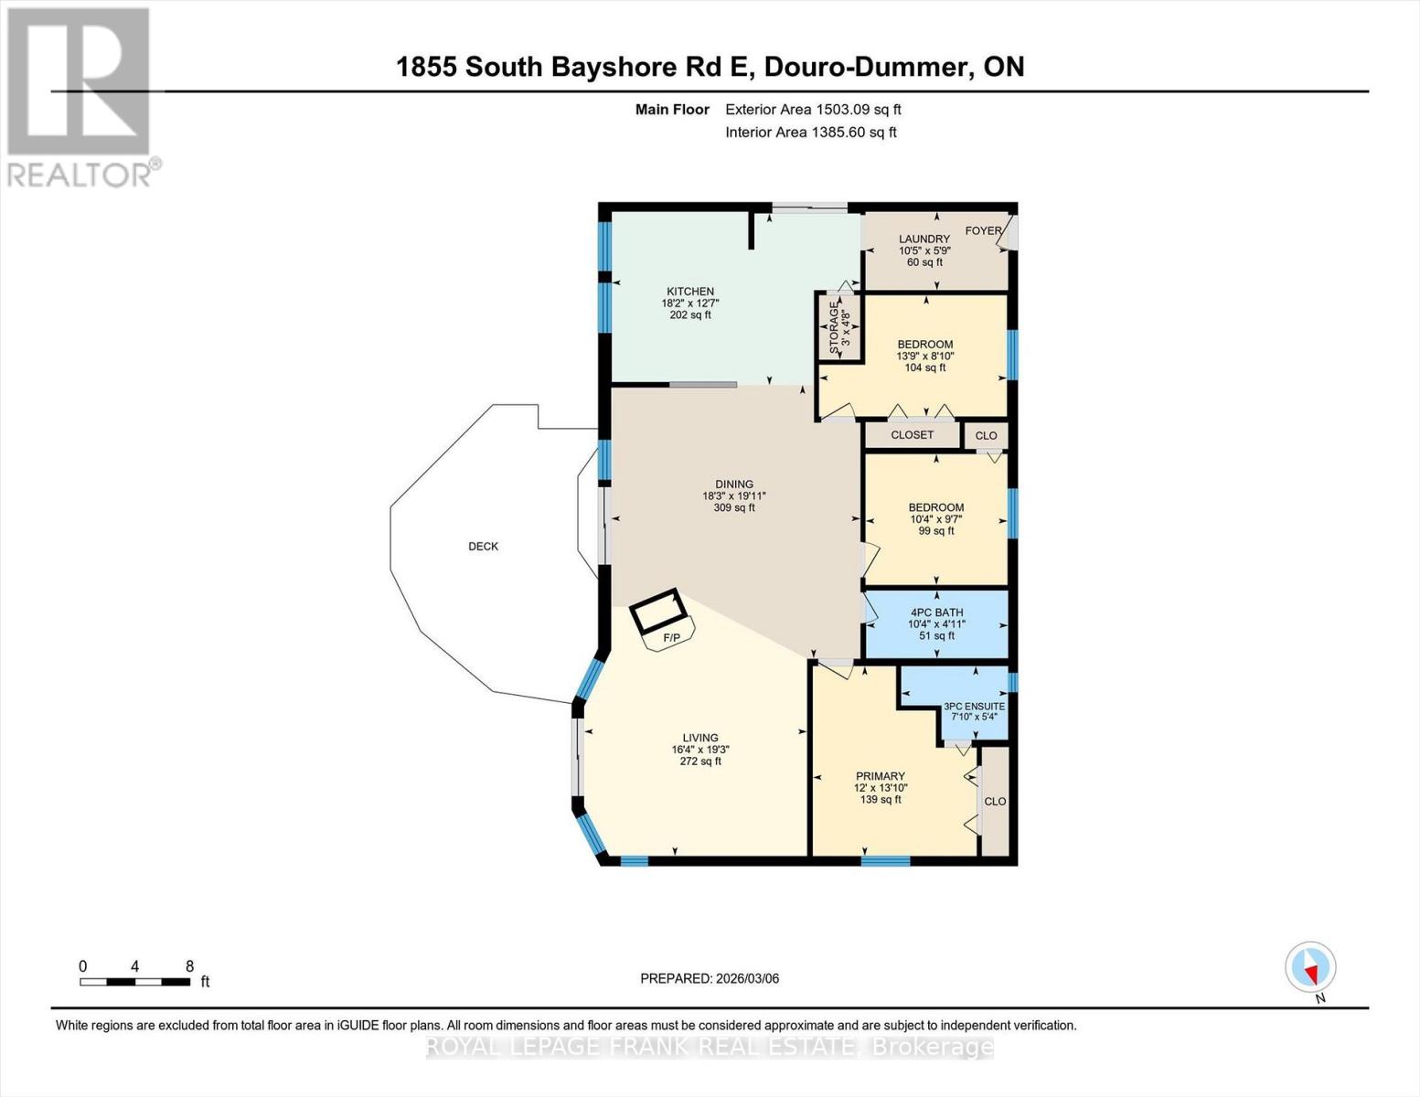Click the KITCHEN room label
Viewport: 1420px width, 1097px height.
point(690,292)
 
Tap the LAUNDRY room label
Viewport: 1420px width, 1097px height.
point(924,240)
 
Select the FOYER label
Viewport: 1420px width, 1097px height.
point(983,230)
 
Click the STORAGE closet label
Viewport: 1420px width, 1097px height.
point(834,327)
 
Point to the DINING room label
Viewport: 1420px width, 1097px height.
point(734,485)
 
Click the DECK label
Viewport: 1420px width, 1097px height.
point(484,547)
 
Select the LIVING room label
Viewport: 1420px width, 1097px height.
point(700,738)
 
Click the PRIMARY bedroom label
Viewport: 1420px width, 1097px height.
point(881,776)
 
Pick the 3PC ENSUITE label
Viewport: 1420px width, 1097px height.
point(975,707)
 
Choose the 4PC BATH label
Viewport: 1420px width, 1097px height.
point(936,612)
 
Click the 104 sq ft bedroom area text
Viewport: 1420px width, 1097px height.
point(925,367)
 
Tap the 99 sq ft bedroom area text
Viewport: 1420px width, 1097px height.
point(936,530)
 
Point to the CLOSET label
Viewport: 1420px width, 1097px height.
point(913,435)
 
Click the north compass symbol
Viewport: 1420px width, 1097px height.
point(1310,967)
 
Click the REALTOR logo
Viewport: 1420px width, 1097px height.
point(80,96)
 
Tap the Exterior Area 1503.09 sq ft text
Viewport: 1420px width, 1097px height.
point(813,110)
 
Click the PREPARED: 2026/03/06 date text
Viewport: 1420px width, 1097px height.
point(710,978)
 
